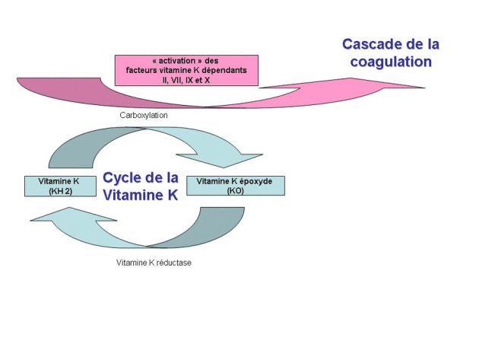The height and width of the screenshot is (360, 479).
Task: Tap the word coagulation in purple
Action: [391, 62]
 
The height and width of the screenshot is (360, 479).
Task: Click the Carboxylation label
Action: [144, 115]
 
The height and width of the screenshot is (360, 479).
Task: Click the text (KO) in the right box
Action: [235, 191]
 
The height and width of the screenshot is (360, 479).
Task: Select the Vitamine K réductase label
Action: [154, 263]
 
